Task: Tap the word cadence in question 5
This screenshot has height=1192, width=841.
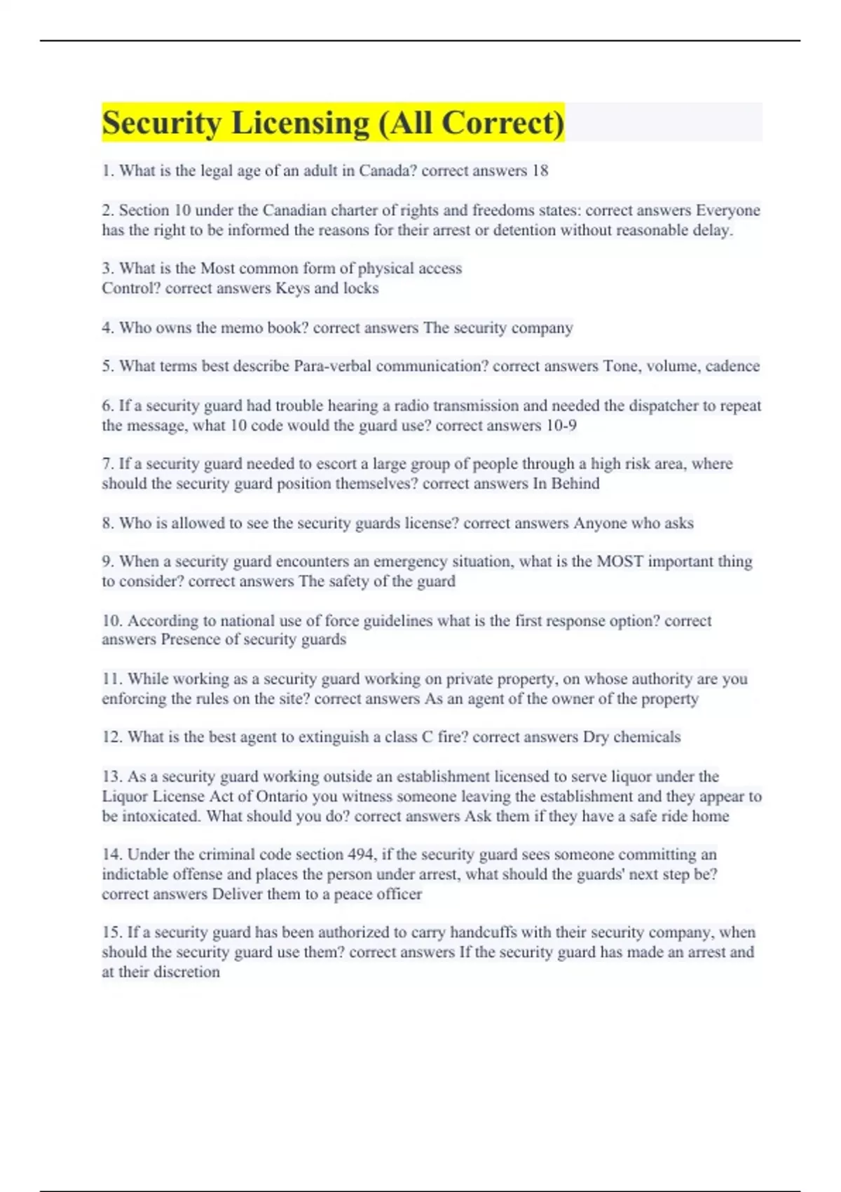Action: pos(732,366)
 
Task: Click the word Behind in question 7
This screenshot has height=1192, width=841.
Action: pos(575,484)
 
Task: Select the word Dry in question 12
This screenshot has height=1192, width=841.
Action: pos(595,737)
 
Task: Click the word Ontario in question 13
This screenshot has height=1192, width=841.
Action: pos(282,797)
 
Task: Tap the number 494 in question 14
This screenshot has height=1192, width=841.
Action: pos(361,855)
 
